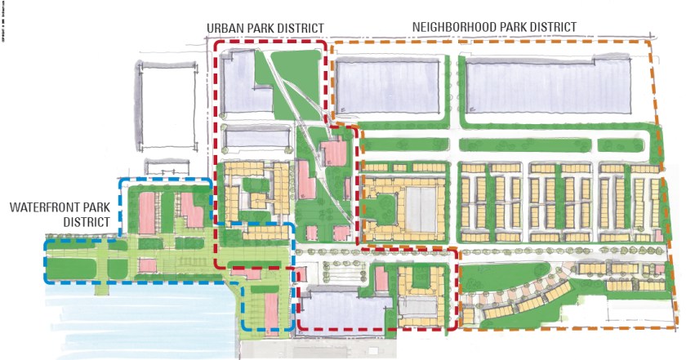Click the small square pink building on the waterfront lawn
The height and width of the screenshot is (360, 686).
(x=148, y=264)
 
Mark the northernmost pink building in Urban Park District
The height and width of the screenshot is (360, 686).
(x=335, y=152)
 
